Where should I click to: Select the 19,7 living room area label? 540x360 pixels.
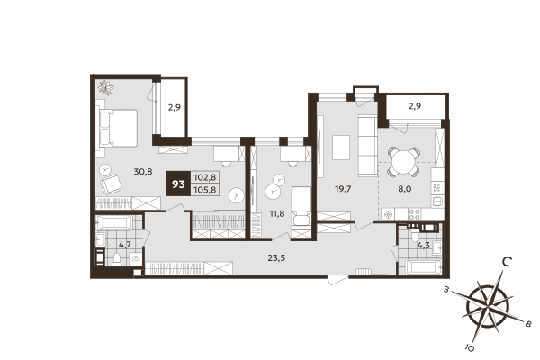[x=340, y=189]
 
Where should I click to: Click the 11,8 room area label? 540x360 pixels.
[x=276, y=213]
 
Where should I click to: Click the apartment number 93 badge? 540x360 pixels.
[x=178, y=184]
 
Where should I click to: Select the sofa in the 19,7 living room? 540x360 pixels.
[x=368, y=145]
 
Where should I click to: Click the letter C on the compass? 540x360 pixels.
[x=508, y=263]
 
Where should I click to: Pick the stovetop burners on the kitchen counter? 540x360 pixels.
[x=415, y=214]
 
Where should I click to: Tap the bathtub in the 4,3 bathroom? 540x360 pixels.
[x=422, y=267]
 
